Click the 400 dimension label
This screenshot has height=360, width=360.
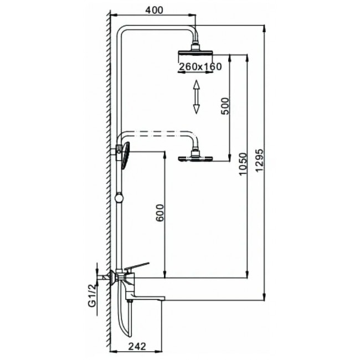click(x=154, y=10)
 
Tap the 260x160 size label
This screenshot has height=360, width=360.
click(x=200, y=66)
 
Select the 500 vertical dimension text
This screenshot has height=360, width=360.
click(x=225, y=106)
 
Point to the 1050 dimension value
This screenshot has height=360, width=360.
click(x=243, y=164)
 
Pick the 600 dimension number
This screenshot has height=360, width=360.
click(x=160, y=213)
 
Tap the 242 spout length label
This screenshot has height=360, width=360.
click(x=137, y=347)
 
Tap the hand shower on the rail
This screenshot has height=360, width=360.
click(x=126, y=156)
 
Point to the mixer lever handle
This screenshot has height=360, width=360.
click(x=137, y=266)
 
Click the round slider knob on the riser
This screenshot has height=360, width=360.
click(x=119, y=198)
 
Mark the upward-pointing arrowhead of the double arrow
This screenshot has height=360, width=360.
click(x=196, y=85)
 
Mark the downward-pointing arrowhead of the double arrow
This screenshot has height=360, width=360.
click(x=196, y=109)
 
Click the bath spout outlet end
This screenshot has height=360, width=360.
click(x=163, y=299)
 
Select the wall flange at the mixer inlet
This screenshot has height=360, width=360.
click(x=112, y=277)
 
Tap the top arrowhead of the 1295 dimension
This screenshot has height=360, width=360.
click(x=265, y=29)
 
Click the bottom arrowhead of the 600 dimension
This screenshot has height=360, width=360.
click(x=164, y=274)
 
